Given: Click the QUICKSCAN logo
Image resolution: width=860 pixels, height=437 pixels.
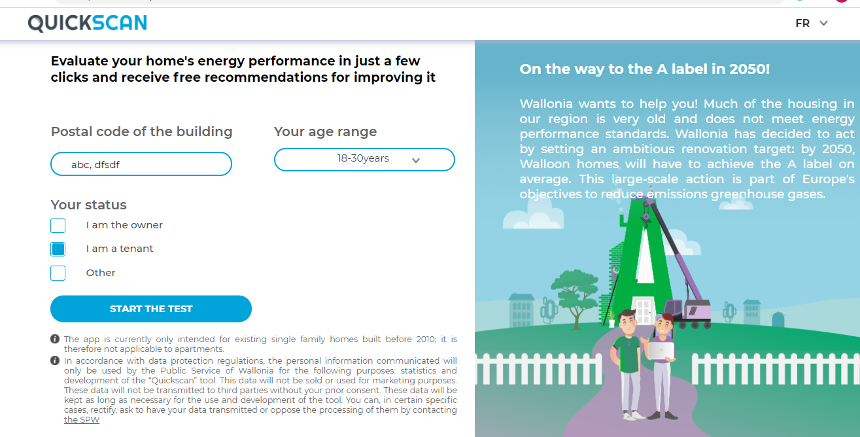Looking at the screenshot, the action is tap(87, 23).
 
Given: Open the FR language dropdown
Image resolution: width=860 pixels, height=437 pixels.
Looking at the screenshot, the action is tap(811, 24).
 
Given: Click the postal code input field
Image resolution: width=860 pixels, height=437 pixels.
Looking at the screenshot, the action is tap(141, 164).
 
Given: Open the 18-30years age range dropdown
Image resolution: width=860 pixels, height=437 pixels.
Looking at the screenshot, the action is tap(364, 160).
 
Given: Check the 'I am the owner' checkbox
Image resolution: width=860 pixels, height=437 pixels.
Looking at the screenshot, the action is tap(58, 226).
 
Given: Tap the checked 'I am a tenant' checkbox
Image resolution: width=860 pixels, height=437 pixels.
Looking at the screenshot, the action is tap(58, 249).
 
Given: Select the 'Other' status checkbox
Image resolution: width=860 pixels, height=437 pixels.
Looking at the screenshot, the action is tap(58, 273).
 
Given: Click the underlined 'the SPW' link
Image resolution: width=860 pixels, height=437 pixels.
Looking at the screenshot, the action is tap(81, 420).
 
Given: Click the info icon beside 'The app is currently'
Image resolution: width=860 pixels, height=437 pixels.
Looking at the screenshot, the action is tap(55, 339).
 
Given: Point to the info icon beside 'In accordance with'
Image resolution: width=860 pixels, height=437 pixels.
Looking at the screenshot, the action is tap(55, 360).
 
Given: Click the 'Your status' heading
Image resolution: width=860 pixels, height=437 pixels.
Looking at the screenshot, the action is tap(89, 205).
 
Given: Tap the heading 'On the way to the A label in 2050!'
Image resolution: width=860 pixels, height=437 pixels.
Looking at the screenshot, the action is tap(645, 69).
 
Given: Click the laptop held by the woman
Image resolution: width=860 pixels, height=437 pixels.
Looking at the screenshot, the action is tap(661, 351).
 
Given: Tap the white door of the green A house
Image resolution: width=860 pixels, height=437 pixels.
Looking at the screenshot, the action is tap(644, 310).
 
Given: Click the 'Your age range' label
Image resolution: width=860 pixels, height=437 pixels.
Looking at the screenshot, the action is tap(325, 131).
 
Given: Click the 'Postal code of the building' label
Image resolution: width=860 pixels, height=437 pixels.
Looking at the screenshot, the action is tap(142, 131).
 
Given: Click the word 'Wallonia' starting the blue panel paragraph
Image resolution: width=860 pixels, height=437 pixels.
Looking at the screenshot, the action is tap(546, 103).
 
